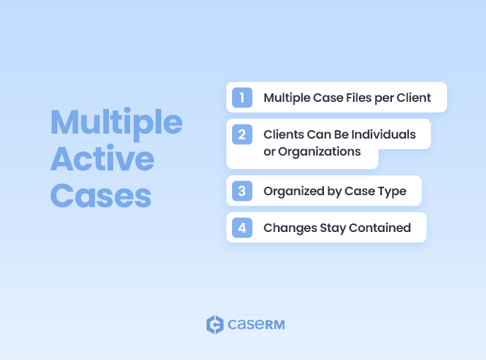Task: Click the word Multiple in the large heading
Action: [x=116, y=123]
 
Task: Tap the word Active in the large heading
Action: [x=102, y=159]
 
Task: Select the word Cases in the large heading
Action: [x=100, y=194]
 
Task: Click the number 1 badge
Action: [x=242, y=98]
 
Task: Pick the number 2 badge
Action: [x=242, y=134]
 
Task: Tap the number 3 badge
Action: [x=242, y=191]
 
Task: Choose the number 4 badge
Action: [x=242, y=228]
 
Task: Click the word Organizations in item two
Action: [x=319, y=151]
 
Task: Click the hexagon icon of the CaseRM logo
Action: [x=214, y=325]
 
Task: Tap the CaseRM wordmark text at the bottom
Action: [x=256, y=325]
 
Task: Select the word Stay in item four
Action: [x=329, y=228]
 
